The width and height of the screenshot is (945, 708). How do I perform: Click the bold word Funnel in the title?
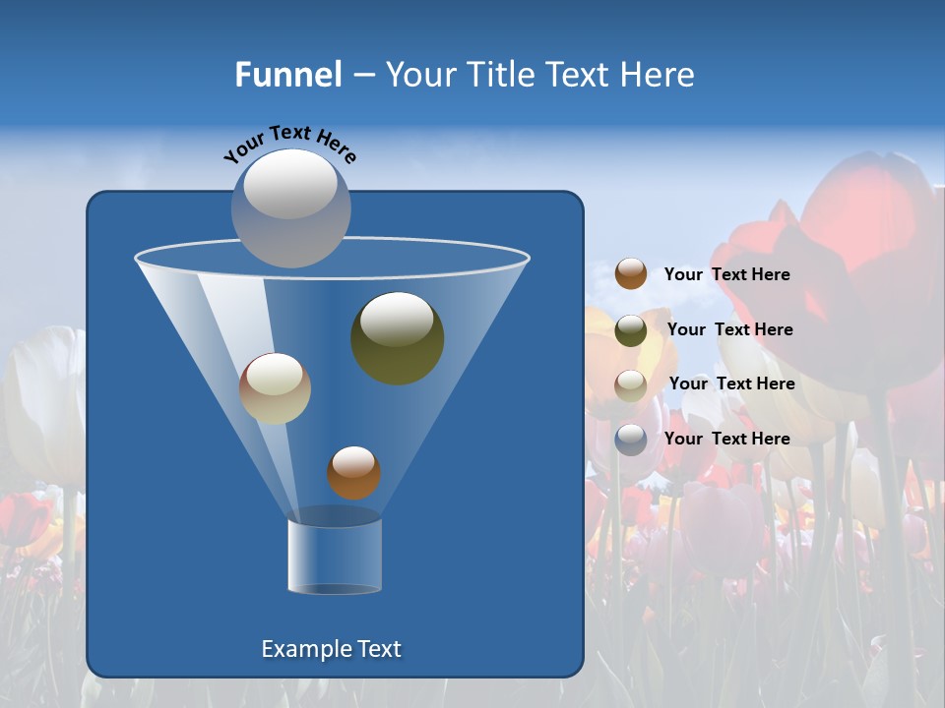click(x=287, y=75)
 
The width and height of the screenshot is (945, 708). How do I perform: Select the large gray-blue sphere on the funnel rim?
click(x=290, y=208)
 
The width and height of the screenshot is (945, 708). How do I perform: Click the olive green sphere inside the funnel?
click(x=397, y=338)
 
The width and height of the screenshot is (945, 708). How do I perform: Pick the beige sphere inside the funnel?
click(x=275, y=388)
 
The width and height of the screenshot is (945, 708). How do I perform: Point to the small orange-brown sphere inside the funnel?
click(x=353, y=473)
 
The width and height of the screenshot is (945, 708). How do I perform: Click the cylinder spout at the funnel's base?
click(x=335, y=557)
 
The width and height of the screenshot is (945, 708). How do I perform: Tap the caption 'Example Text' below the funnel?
click(x=331, y=649)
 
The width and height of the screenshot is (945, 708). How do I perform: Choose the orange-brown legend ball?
click(x=631, y=274)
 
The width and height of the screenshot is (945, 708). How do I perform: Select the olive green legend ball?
click(x=631, y=330)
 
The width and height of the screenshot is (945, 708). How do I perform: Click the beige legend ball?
click(x=631, y=384)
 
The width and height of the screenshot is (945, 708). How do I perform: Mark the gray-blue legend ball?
click(x=631, y=440)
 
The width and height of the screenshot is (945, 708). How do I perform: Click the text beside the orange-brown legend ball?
click(x=726, y=275)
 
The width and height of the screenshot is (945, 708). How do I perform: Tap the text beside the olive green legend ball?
click(x=729, y=330)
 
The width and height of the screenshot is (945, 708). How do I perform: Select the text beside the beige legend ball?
click(x=731, y=384)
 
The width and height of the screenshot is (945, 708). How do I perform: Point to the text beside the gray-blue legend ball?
click(x=726, y=440)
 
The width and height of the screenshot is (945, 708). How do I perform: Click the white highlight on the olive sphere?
click(x=397, y=319)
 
